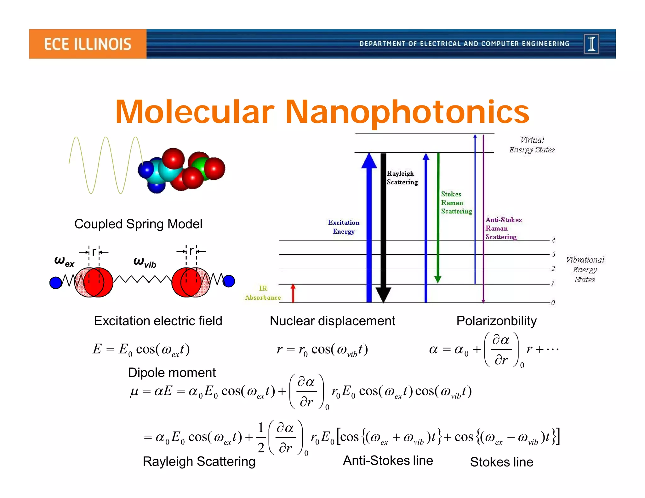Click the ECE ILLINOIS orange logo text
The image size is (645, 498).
pyautogui.click(x=88, y=44)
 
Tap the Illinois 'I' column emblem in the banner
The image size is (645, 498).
pyautogui.click(x=591, y=44)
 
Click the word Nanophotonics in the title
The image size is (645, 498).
pyautogui.click(x=407, y=112)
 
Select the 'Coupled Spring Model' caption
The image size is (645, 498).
pyautogui.click(x=138, y=224)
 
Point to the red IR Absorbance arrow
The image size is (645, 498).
pyautogui.click(x=293, y=293)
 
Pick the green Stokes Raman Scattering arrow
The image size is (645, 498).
pyautogui.click(x=438, y=217)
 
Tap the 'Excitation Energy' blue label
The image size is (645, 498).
pyautogui.click(x=344, y=227)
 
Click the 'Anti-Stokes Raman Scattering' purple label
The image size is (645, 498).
pyautogui.click(x=503, y=228)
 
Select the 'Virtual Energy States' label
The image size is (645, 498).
pyautogui.click(x=532, y=145)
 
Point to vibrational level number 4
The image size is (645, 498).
pyautogui.click(x=553, y=240)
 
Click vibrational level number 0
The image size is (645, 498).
pyautogui.click(x=553, y=303)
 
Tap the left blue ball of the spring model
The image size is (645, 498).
pyautogui.click(x=56, y=282)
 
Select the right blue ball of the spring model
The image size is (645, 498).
pyautogui.click(x=229, y=281)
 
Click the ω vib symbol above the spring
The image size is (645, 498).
pyautogui.click(x=145, y=262)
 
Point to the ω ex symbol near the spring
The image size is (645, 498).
pyautogui.click(x=64, y=261)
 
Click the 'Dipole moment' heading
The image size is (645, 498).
pyautogui.click(x=172, y=373)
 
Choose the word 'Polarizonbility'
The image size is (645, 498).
pyautogui.click(x=496, y=321)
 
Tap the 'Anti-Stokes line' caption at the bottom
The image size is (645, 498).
pyautogui.click(x=388, y=461)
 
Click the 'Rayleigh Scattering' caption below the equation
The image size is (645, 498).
pyautogui.click(x=199, y=461)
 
